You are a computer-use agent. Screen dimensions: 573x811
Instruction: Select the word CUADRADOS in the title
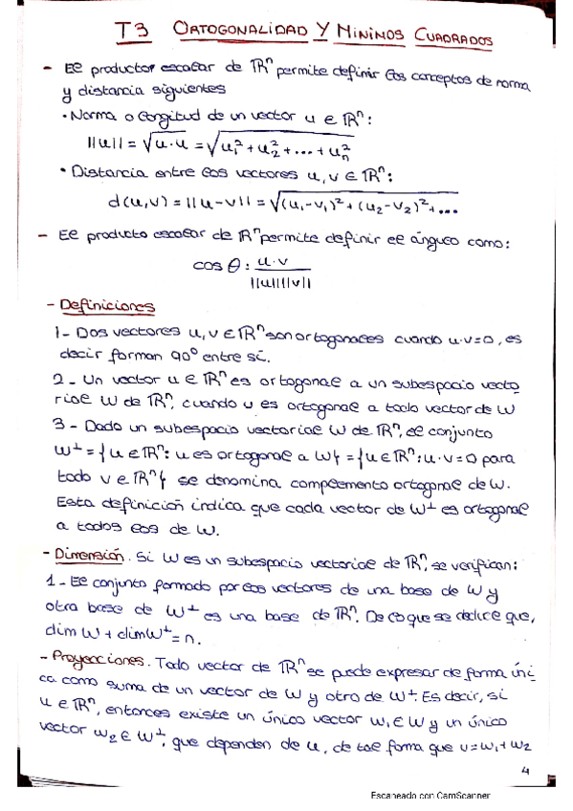tap(454, 38)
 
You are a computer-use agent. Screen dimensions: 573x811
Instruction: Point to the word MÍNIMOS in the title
tap(371, 34)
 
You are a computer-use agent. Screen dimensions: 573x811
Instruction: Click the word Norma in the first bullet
tap(88, 118)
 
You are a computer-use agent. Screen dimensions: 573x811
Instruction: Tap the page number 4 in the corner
tap(524, 770)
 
